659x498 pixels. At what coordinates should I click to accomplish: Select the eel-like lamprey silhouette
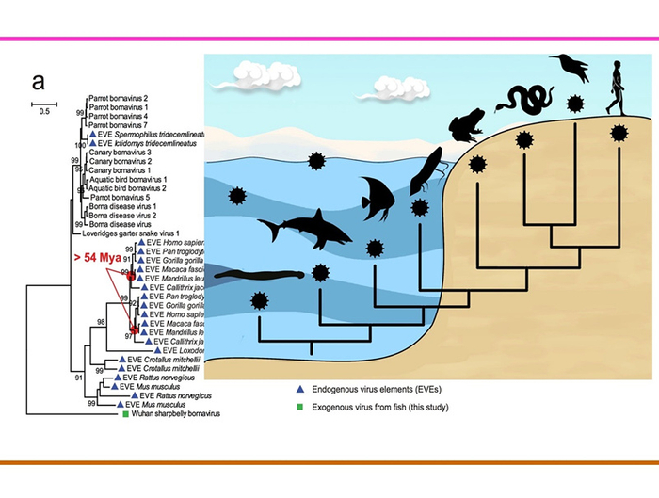(x=259, y=276)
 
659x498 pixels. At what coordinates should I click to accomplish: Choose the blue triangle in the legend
(x=297, y=388)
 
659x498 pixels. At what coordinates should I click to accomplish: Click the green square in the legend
(x=297, y=406)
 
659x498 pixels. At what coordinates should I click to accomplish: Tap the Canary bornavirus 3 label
(x=120, y=152)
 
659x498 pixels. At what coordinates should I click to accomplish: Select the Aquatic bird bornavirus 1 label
(x=127, y=179)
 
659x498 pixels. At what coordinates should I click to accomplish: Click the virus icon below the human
(x=618, y=134)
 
